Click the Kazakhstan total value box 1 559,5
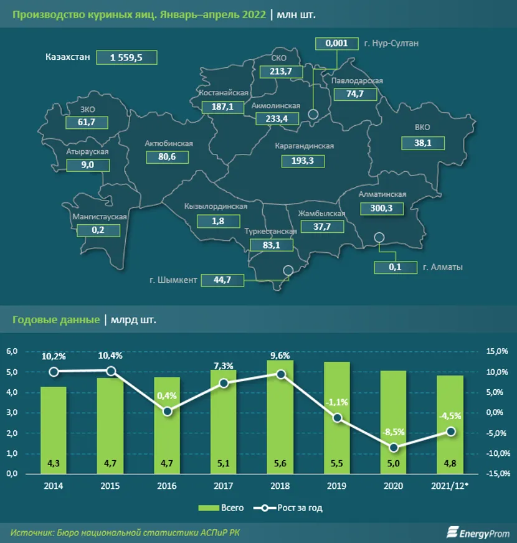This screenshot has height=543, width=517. [127, 57]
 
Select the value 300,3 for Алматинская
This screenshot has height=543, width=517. [381, 209]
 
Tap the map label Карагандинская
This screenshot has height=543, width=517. [304, 146]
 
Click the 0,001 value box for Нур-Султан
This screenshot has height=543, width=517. [337, 44]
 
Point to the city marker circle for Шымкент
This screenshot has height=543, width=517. [287, 270]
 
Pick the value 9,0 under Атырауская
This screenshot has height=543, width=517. [87, 165]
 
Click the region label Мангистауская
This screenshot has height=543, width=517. [100, 217]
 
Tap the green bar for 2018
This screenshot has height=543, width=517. [280, 417]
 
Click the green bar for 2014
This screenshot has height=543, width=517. [54, 430]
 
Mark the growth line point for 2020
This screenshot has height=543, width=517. [394, 447]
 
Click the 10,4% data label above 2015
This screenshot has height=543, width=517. [110, 356]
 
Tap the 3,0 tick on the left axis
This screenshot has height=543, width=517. [12, 413]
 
